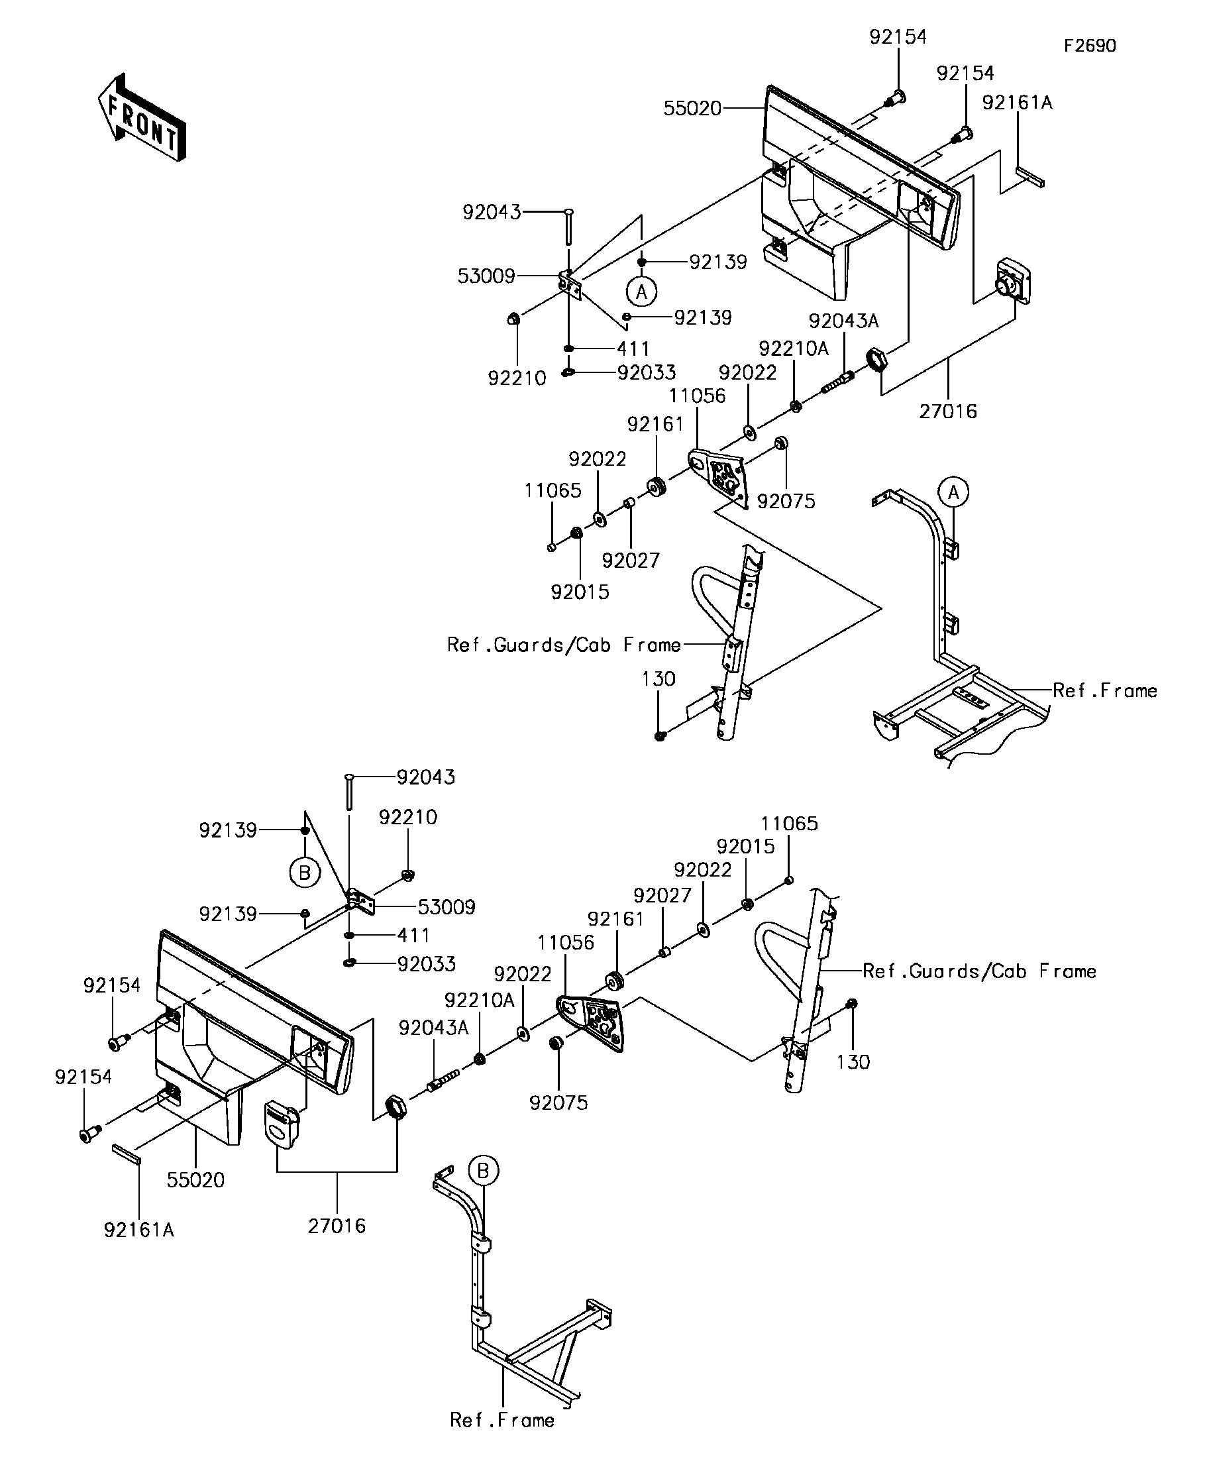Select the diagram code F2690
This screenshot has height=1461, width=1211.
pos(1090,46)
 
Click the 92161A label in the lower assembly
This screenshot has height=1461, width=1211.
pos(139,1230)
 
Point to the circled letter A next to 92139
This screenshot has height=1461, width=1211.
pos(641,291)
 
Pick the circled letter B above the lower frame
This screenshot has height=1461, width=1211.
pos(484,1170)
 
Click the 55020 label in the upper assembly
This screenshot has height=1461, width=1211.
pos(692,109)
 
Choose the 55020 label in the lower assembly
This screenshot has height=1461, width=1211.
pos(196,1180)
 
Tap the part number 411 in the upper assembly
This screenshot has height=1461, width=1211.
pos(633,348)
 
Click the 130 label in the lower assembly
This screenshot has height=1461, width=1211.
pos(853,1061)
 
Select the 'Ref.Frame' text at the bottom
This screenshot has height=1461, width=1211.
pos(502,1420)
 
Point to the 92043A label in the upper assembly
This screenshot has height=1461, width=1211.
pos(844,321)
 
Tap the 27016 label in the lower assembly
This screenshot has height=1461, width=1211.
pos(337,1226)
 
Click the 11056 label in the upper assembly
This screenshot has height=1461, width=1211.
pos(697,396)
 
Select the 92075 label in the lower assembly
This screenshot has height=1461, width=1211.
pos(558,1103)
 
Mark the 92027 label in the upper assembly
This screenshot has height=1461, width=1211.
pos(631,560)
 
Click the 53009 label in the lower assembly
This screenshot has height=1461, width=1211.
pos(447,907)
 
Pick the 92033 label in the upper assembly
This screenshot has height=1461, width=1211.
pos(647,373)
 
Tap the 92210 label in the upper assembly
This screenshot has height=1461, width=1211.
pos(517,378)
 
